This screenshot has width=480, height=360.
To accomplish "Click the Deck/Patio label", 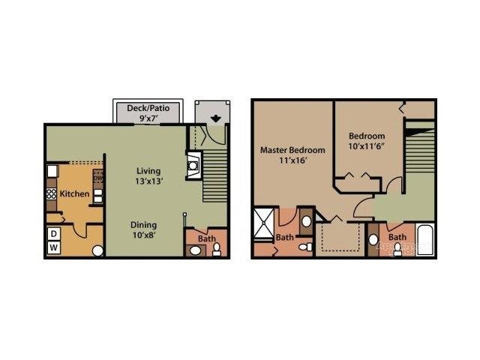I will click(148, 108).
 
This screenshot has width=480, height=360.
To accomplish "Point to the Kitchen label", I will click(75, 194).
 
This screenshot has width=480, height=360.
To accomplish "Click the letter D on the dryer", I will click(54, 234).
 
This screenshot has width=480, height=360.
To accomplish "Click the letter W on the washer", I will click(54, 247).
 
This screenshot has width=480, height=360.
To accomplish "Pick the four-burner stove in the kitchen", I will click(52, 194).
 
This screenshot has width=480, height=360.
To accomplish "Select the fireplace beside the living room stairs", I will click(193, 163).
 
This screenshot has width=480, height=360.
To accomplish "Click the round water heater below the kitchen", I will click(97, 250).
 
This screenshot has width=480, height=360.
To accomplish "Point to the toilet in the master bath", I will click(301, 247).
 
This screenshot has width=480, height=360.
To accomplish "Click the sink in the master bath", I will click(306, 220).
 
